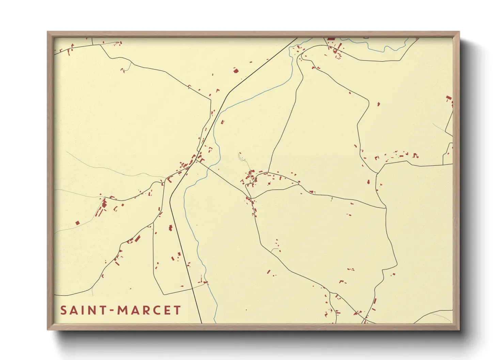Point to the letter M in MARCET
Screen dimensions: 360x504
coord(122,310)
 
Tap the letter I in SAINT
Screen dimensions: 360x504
coord(83,310)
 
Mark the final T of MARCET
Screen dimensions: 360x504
coord(177,310)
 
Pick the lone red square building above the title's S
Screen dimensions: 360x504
coord(77,223)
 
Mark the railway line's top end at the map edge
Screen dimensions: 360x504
coord(297,38)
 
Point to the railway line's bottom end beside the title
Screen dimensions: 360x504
coord(201,322)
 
